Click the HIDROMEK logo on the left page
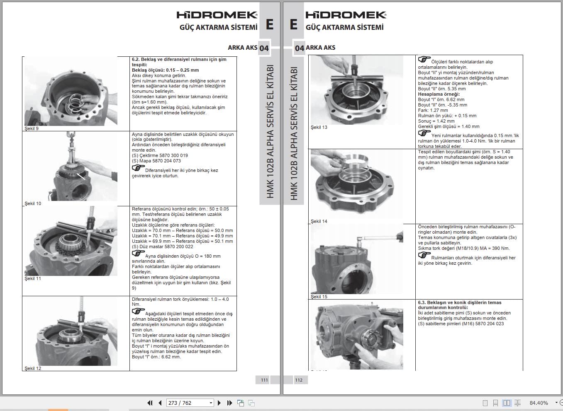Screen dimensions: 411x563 coord(217,15)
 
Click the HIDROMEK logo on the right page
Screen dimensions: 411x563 coord(346,15)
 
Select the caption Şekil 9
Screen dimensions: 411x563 coord(32,128)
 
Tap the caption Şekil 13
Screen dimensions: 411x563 coord(319,127)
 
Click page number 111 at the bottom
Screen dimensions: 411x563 coord(264,380)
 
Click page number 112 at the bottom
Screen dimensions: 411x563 coord(299,380)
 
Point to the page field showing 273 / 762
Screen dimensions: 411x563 coord(187,403)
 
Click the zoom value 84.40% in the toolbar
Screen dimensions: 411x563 coord(539,403)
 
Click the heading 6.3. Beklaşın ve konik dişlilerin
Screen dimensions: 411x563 coord(459,302)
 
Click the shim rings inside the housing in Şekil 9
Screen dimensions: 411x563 coord(76,102)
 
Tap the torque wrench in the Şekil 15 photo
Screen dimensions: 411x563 coord(380,238)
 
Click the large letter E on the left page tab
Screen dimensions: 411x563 coord(269,24)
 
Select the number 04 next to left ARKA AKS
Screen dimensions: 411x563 coord(264,48)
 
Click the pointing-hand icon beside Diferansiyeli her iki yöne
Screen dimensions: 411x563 coord(138,168)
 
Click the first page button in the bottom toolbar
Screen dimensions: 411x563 coord(150,403)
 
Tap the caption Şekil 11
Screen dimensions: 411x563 coord(33,278)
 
